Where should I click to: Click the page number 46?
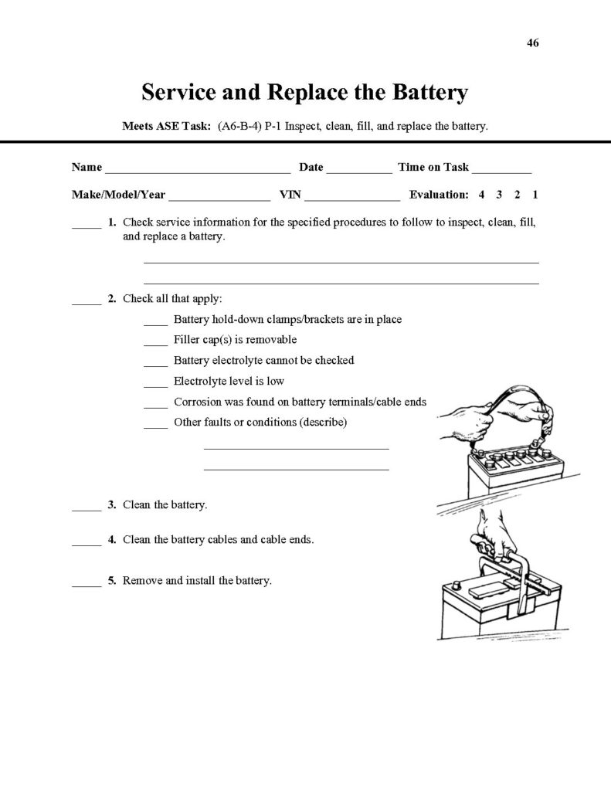[532, 43]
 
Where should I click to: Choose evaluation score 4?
[481, 195]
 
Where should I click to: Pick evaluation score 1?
[535, 195]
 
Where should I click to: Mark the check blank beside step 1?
[87, 226]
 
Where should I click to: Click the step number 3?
[112, 504]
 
